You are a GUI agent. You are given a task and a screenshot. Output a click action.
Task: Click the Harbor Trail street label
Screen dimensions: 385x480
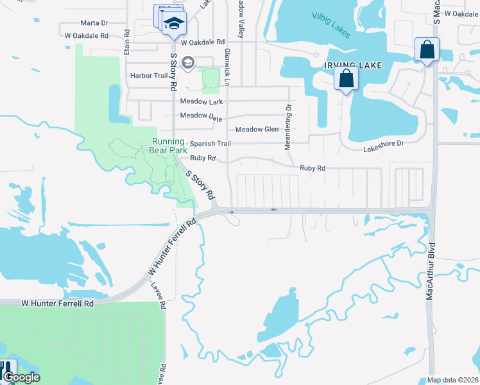pyautogui.click(x=148, y=76)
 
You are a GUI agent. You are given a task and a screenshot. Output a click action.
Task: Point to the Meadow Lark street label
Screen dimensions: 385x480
pyautogui.click(x=201, y=101)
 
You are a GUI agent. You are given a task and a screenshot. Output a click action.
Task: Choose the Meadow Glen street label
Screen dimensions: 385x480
pyautogui.click(x=257, y=129)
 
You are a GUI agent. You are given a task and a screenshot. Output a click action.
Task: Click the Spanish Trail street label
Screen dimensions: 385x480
pyautogui.click(x=209, y=144)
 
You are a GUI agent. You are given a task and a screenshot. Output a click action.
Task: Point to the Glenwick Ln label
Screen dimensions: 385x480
pyautogui.click(x=227, y=67)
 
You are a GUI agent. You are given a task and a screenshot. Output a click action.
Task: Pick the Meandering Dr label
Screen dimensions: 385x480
pyautogui.click(x=288, y=128)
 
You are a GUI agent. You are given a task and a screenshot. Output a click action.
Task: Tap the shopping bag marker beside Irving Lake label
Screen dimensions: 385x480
pyautogui.click(x=346, y=79)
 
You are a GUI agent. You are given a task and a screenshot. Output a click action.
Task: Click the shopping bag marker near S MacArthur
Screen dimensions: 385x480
pyautogui.click(x=427, y=49)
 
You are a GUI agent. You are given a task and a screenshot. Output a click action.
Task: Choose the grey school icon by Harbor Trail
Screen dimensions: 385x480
pyautogui.click(x=187, y=62)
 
